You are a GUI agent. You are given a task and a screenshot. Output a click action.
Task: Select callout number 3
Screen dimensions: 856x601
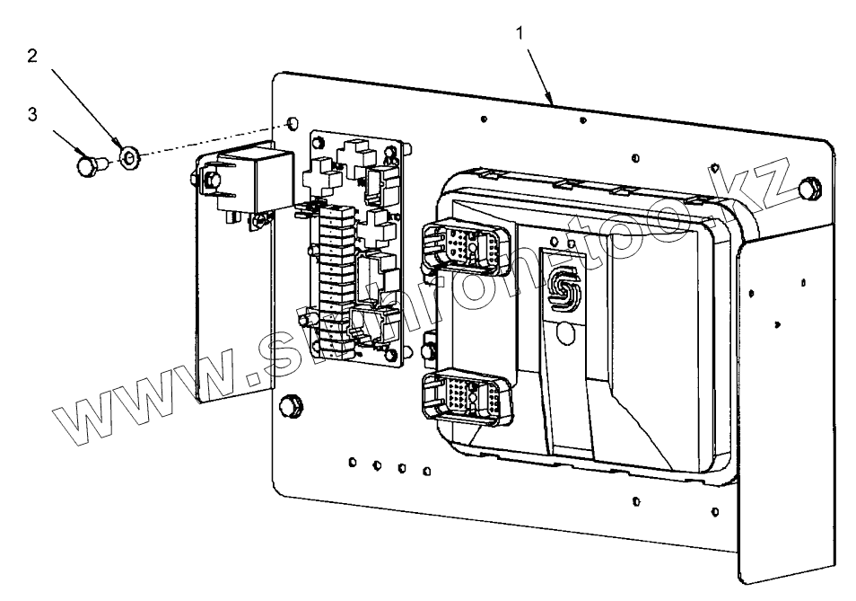[33, 115]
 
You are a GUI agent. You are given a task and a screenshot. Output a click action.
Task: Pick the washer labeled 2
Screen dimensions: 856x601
[129, 159]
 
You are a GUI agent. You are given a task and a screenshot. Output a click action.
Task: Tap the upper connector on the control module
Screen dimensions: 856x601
[463, 243]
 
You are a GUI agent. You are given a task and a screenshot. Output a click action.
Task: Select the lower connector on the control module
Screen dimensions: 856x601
[465, 398]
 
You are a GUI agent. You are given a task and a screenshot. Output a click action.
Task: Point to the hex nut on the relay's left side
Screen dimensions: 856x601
[212, 183]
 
